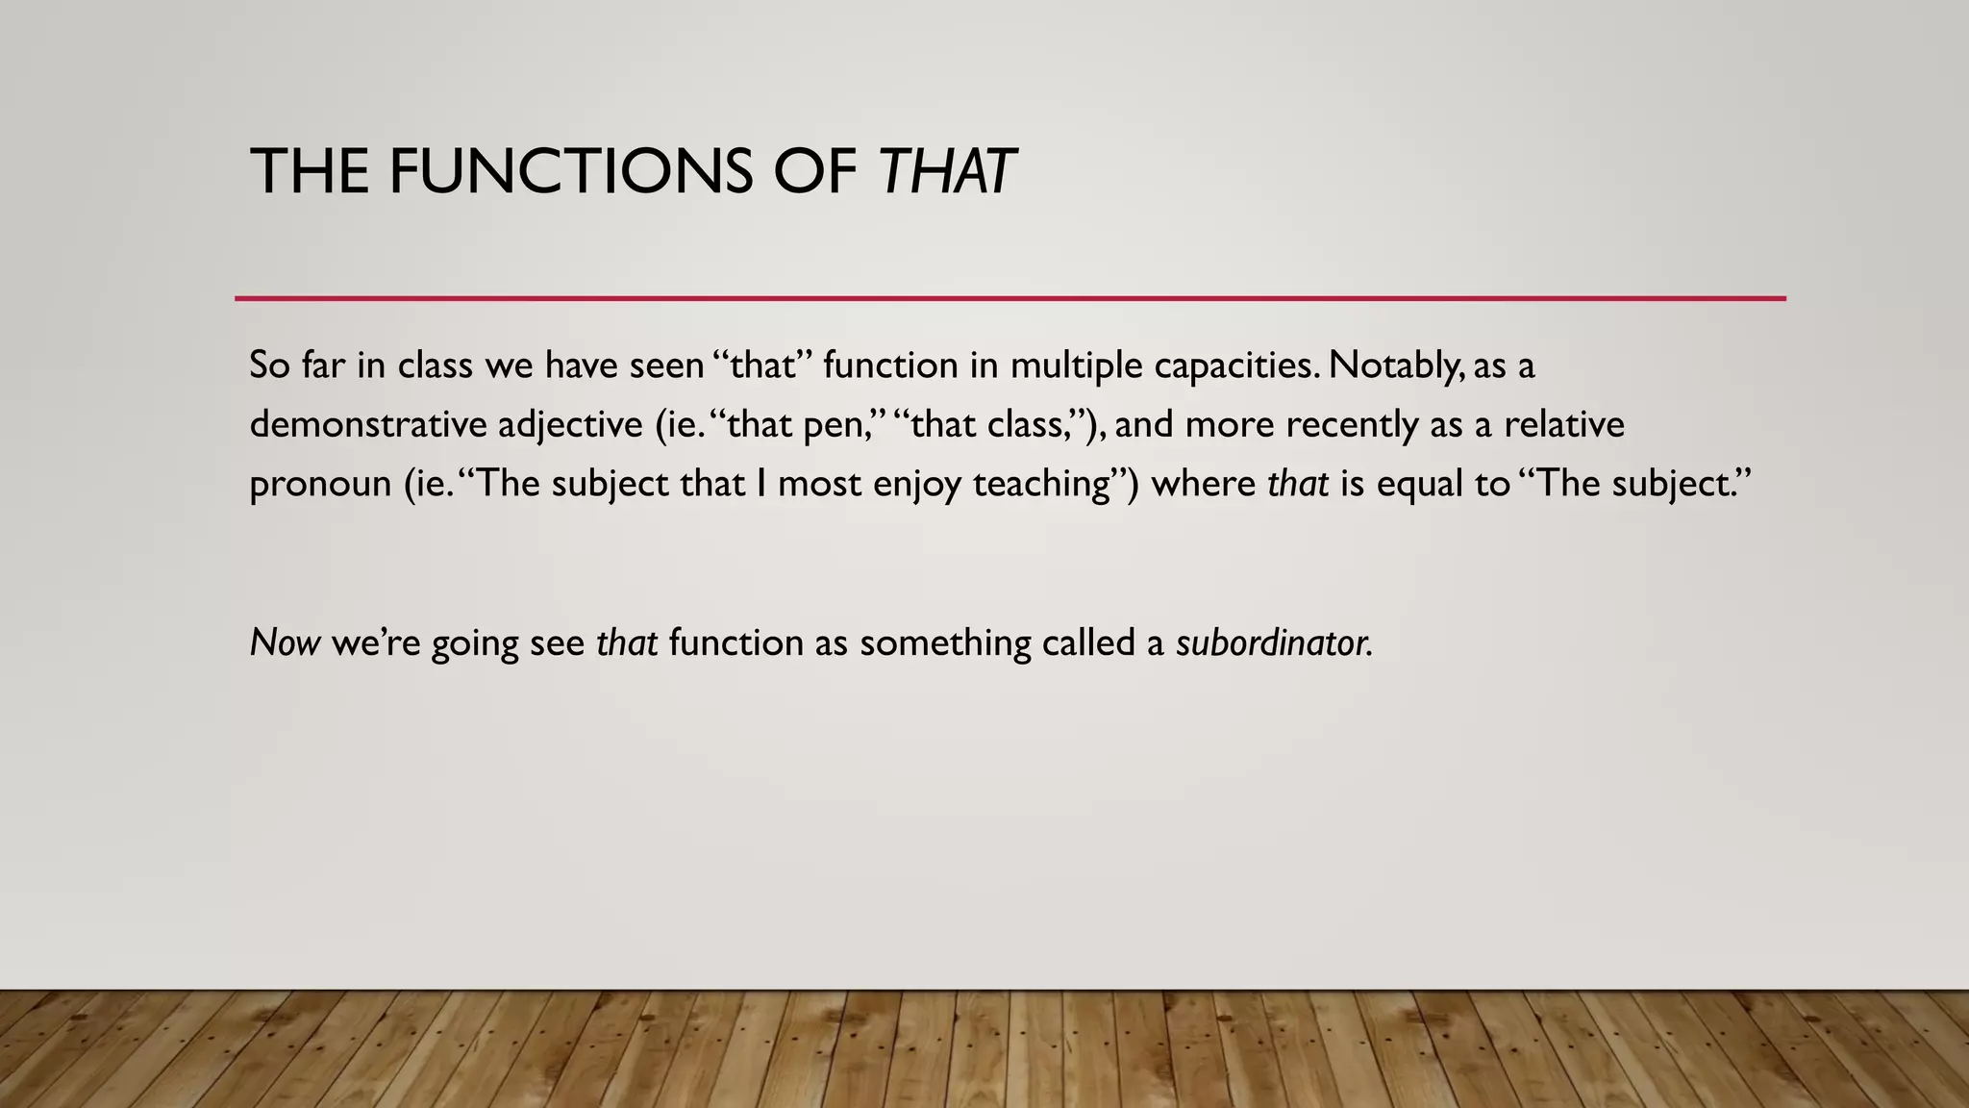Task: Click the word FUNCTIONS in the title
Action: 569,172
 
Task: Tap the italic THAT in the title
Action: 946,172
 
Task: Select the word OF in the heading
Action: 814,172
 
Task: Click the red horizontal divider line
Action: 1009,298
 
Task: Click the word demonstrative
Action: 367,424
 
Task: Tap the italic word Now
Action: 285,642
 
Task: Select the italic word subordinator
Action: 1274,642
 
